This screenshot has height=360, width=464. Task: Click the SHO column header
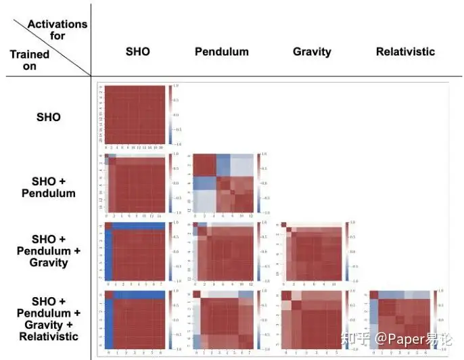137,51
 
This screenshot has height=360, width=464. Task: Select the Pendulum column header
221,51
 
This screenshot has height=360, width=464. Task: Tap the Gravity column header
312,51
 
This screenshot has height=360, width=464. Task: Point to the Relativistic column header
405,51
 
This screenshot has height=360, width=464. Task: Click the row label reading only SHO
48,117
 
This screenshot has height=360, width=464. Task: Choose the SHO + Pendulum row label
53,187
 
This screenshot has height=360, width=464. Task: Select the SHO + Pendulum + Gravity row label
49,250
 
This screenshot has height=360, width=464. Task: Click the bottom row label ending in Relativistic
49,318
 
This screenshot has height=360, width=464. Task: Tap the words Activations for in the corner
57,30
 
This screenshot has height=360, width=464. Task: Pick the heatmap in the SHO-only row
133,115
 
